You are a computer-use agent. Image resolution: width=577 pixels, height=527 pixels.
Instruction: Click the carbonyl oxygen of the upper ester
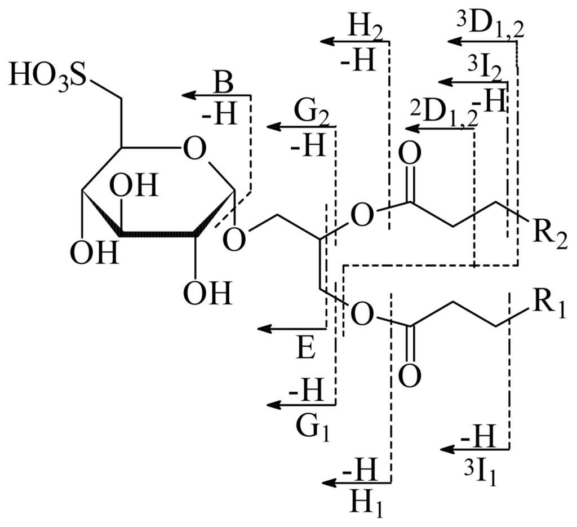tap(411, 153)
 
